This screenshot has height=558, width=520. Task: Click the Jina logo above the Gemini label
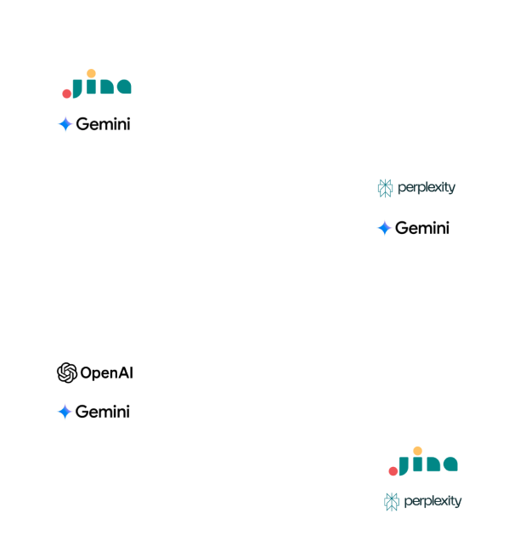97,85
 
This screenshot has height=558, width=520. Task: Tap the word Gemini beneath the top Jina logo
103,124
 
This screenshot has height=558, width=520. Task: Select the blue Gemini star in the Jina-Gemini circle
65,124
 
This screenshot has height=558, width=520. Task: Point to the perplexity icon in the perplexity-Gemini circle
385,188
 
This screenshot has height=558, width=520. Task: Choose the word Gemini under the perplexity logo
422,228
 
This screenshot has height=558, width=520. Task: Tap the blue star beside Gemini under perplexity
385,228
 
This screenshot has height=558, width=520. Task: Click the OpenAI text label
106,373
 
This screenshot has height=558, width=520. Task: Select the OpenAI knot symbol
67,373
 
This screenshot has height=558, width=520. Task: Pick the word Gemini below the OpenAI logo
103,412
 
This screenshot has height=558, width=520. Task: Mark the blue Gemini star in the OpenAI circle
65,412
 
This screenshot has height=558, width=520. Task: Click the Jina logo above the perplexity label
422,462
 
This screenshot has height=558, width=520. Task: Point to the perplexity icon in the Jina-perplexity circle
391,501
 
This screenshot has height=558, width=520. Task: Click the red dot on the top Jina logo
67,92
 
